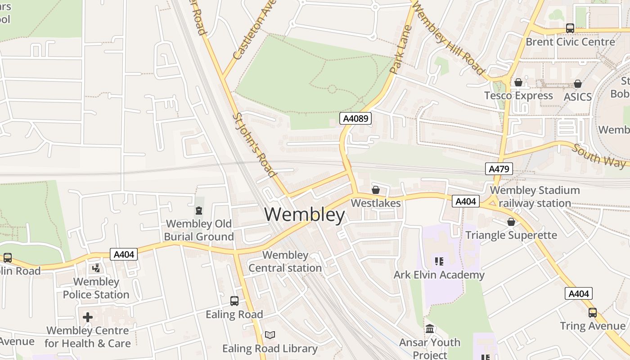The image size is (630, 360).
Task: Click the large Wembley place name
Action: point(305,215)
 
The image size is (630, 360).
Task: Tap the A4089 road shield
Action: point(355,118)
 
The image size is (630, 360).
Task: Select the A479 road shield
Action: point(499,169)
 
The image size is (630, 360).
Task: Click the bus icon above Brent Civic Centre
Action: point(570,28)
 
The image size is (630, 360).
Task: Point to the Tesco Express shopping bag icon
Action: point(518,82)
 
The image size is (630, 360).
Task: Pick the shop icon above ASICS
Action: point(578,84)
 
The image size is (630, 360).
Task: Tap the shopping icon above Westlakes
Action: point(376,190)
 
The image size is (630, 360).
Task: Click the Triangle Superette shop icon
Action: point(511,222)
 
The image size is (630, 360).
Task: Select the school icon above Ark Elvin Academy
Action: point(439,261)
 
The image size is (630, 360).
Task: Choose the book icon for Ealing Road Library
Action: point(270,335)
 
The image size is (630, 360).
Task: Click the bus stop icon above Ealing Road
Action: point(234,301)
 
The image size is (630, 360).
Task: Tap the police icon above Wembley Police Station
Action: point(96,269)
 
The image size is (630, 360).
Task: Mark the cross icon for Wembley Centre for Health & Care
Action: point(88,317)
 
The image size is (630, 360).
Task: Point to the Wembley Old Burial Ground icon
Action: point(198,210)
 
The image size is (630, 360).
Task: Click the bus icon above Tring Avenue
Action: point(593,312)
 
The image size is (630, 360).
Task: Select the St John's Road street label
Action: point(254,145)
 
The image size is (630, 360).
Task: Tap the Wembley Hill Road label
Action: point(448,38)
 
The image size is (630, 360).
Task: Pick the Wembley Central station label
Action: point(285,261)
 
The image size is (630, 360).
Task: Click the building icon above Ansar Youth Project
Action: point(430,329)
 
